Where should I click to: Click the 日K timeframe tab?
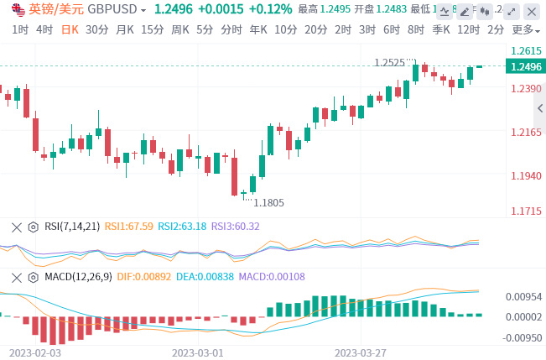coord(70,29)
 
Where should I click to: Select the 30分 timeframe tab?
coord(97,29)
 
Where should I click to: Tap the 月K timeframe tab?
coord(125,29)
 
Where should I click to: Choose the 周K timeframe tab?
coord(179,29)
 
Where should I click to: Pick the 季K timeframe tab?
coord(441,29)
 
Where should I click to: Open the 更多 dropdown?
coord(525,29)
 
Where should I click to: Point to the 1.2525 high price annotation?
coord(389,62)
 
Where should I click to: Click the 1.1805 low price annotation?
coord(268,202)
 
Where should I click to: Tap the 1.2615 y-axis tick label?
coord(526,50)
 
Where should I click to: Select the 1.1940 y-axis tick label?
coord(526,175)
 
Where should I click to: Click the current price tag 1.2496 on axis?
coord(526,67)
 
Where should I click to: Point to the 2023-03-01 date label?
coord(198,352)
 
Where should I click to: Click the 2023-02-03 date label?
coord(34,352)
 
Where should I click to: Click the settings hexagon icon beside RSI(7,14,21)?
coord(33,226)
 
